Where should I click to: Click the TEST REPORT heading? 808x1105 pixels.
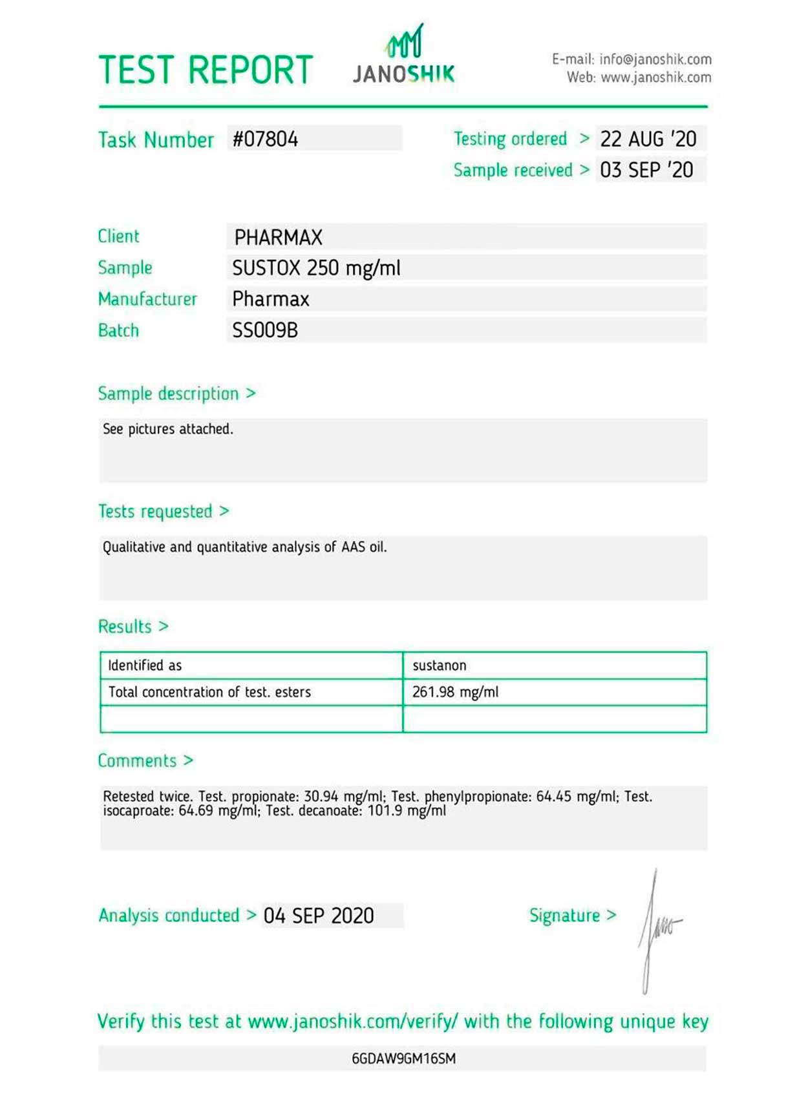[x=206, y=70]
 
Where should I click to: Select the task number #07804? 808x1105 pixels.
[x=266, y=139]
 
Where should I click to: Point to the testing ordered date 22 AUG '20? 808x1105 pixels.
[x=648, y=139]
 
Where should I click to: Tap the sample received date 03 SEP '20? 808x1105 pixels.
[x=646, y=170]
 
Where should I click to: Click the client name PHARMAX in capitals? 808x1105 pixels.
[x=278, y=237]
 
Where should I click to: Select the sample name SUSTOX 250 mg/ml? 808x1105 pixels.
[x=316, y=268]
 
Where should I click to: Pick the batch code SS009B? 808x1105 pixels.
[x=265, y=330]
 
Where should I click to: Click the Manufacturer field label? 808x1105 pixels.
[x=147, y=299]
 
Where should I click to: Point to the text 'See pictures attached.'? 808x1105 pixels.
[x=167, y=429]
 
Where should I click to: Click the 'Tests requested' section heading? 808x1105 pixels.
[x=155, y=511]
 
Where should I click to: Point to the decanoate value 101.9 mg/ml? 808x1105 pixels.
[x=407, y=811]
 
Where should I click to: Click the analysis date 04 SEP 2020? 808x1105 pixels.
[x=319, y=916]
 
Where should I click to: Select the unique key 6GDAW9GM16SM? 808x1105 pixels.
[x=403, y=1058]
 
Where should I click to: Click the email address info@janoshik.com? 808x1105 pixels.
[x=655, y=59]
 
